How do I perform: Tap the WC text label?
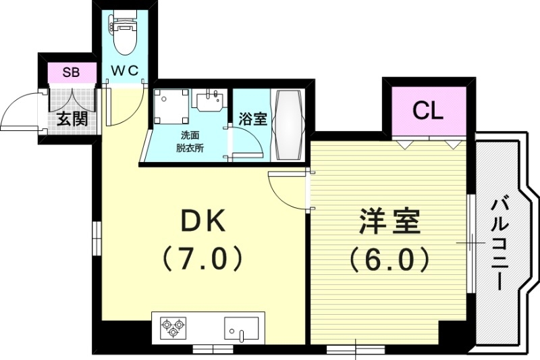[125, 70]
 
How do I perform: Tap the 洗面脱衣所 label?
[190, 141]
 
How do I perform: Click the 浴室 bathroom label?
[253, 120]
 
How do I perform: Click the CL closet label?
[428, 110]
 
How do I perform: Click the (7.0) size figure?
[200, 259]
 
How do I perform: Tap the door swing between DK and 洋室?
[287, 189]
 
